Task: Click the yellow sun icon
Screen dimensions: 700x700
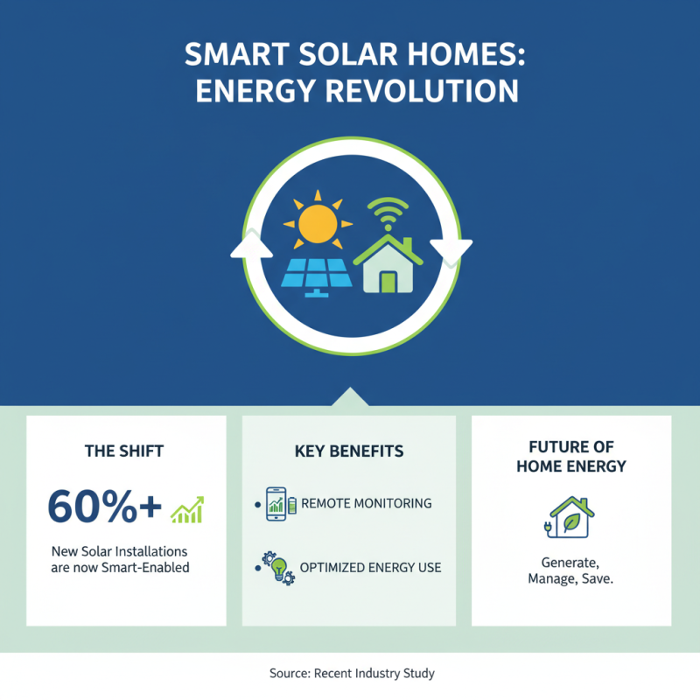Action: pos(317,222)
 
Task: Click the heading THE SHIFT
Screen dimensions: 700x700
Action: pos(124,451)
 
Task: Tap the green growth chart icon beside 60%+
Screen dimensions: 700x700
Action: pos(187,509)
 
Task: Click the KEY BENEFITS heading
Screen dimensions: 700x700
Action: pos(349,451)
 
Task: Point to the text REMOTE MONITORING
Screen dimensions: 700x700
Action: pos(366,504)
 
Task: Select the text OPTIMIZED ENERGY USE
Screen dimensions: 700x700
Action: pos(370,568)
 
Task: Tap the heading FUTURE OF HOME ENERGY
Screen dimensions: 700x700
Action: pos(571,458)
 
